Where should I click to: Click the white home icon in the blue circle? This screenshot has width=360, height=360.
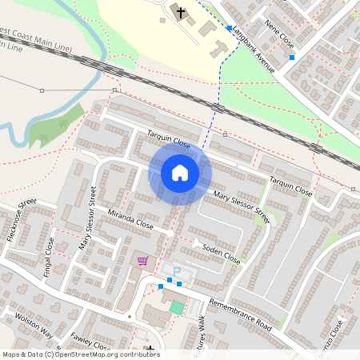point(180,172)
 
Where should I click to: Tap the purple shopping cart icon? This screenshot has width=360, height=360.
point(142,260)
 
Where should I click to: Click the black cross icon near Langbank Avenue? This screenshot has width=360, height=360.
point(181,13)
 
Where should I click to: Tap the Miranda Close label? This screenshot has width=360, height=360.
point(132,219)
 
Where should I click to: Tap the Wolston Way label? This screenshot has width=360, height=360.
point(33,325)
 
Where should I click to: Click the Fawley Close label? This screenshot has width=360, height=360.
point(90,342)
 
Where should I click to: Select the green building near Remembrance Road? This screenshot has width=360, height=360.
point(176,307)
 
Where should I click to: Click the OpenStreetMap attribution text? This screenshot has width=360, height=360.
point(81,354)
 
